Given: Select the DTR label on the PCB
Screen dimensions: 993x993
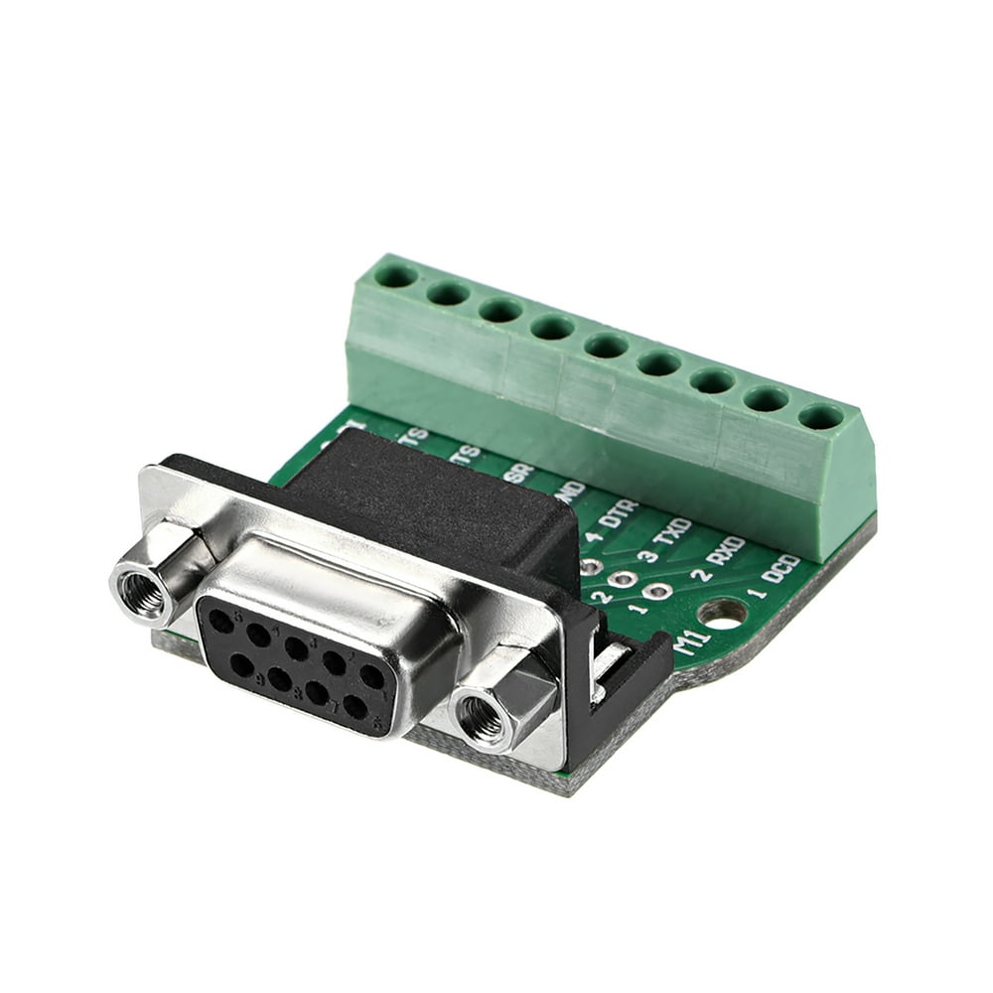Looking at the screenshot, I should click(x=620, y=513).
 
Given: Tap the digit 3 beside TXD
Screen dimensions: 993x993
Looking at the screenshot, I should click(x=647, y=556).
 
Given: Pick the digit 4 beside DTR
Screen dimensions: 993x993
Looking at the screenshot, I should click(x=594, y=537).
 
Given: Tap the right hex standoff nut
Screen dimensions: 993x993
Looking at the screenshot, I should click(x=486, y=715).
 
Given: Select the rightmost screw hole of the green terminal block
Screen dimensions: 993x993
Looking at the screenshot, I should click(x=820, y=416).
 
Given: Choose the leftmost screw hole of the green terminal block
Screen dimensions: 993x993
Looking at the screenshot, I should click(x=396, y=274).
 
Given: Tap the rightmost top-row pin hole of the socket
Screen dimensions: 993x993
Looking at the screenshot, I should click(x=370, y=677).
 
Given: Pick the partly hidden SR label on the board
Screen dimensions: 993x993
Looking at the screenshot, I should click(x=517, y=475).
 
